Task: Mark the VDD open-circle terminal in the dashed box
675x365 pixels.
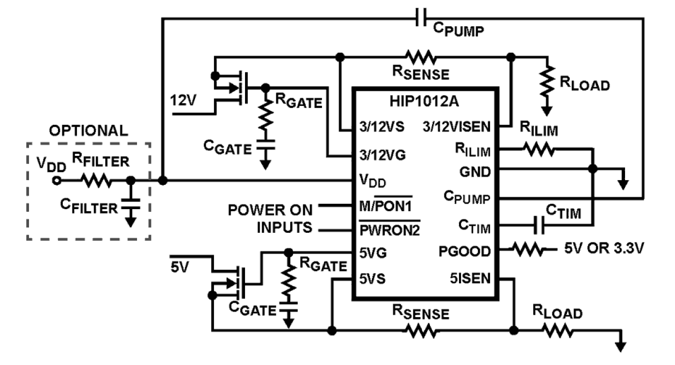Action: (55, 181)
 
